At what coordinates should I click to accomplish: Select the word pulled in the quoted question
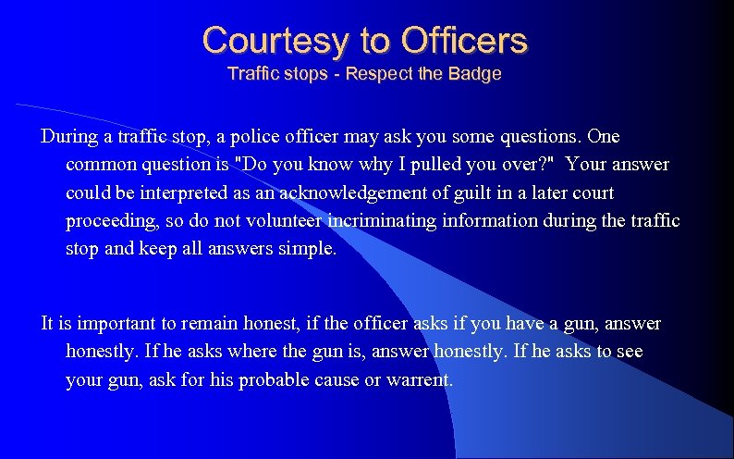click(x=468, y=165)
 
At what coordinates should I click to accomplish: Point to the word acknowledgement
click(x=353, y=193)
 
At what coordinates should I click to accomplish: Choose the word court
click(x=593, y=193)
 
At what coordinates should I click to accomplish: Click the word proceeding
click(x=111, y=222)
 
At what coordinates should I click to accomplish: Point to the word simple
click(x=310, y=251)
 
